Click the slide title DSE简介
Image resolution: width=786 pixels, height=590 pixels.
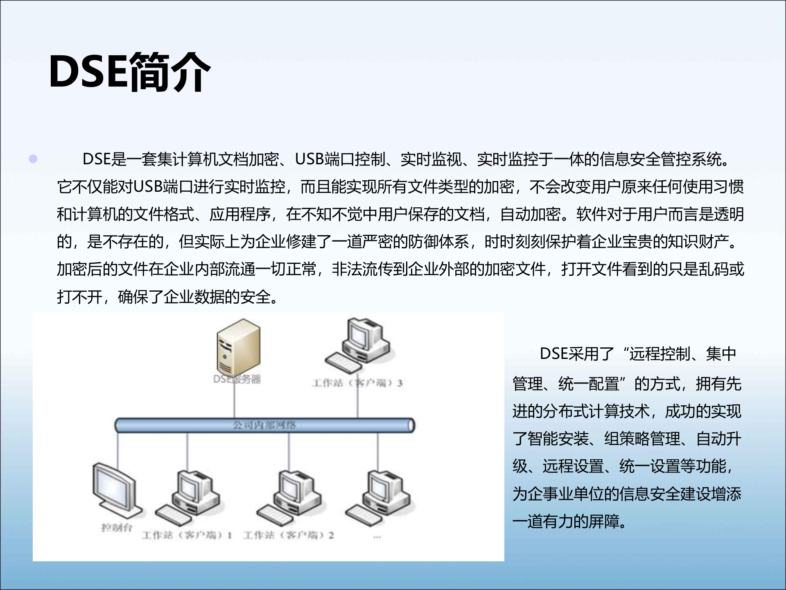coord(129,73)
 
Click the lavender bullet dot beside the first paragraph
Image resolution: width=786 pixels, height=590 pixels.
coord(33,159)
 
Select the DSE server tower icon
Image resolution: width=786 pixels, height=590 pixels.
coord(239,345)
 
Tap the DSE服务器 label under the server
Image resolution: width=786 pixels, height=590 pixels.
coord(237,379)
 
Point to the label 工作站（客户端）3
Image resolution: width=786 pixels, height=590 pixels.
coord(357,383)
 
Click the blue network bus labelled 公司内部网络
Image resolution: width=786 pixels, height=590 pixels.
coord(264,425)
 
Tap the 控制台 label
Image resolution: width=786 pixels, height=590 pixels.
coord(117,527)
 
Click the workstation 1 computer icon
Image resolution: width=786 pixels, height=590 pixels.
coord(189,497)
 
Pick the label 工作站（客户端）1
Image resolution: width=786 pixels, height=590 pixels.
coord(187,535)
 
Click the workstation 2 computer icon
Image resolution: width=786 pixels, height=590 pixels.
coord(290,497)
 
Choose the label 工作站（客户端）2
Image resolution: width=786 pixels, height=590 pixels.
coord(289,535)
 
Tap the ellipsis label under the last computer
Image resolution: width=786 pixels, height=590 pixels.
coord(377,536)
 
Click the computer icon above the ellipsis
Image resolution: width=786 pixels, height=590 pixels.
coord(378,497)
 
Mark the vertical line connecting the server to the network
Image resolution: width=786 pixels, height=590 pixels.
coord(235,402)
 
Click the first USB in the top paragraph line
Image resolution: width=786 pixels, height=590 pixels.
coord(310,159)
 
